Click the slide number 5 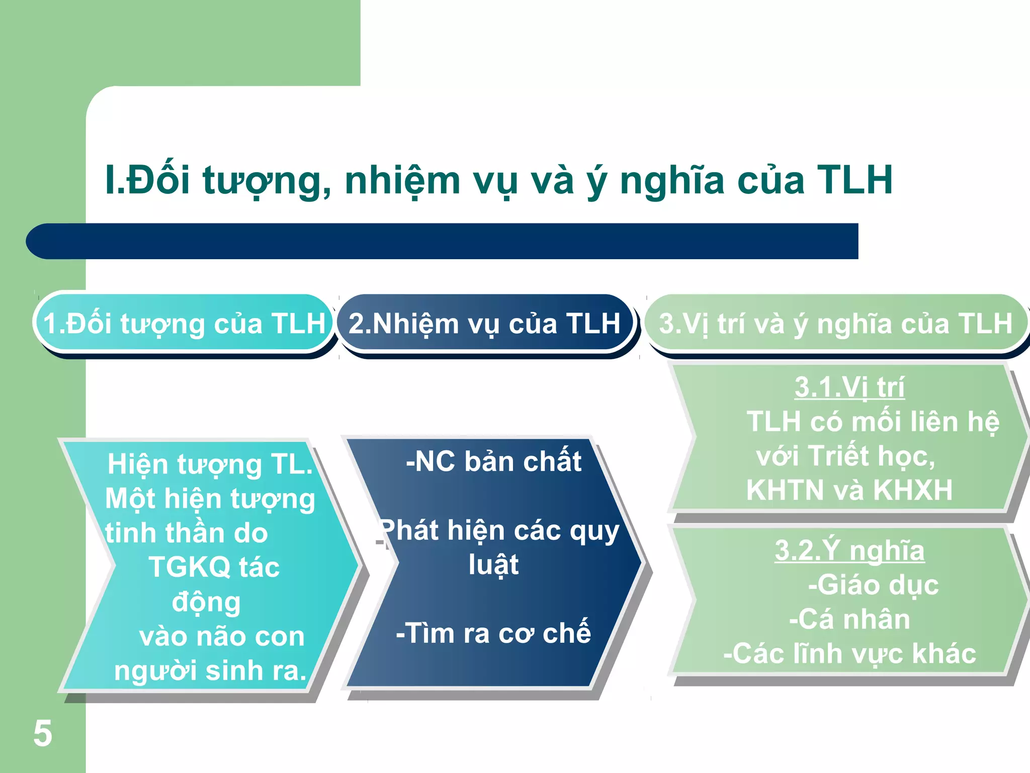click(x=43, y=733)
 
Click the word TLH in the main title click(x=854, y=180)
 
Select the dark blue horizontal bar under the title click(x=443, y=241)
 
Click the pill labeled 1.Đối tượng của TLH click(x=184, y=323)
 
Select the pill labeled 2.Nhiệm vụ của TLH click(x=484, y=323)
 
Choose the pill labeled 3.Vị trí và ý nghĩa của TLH click(x=835, y=323)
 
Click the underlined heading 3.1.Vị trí click(x=849, y=388)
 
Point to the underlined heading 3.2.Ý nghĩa click(x=849, y=551)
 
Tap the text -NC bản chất click(x=493, y=461)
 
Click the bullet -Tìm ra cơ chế click(x=493, y=633)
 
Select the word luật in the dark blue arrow click(x=493, y=565)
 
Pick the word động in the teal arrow click(x=206, y=602)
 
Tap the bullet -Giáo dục click(x=873, y=585)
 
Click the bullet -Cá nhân click(x=849, y=620)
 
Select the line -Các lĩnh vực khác click(x=849, y=654)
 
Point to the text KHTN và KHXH click(x=849, y=490)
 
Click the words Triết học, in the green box click(x=873, y=456)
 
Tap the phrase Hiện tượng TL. click(x=210, y=464)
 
